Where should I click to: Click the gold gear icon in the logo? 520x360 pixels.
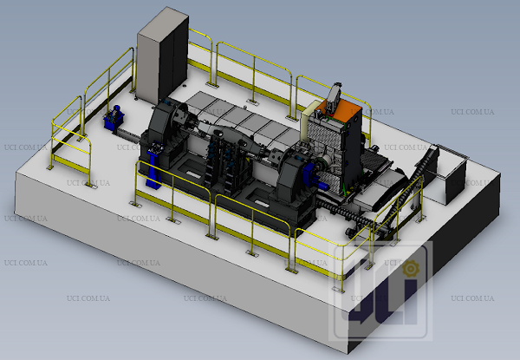coord(411,269)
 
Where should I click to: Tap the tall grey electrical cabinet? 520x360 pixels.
coord(163,56)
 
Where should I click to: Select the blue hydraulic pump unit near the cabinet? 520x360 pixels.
coord(114,118)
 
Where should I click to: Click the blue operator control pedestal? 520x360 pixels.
coord(154,165)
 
